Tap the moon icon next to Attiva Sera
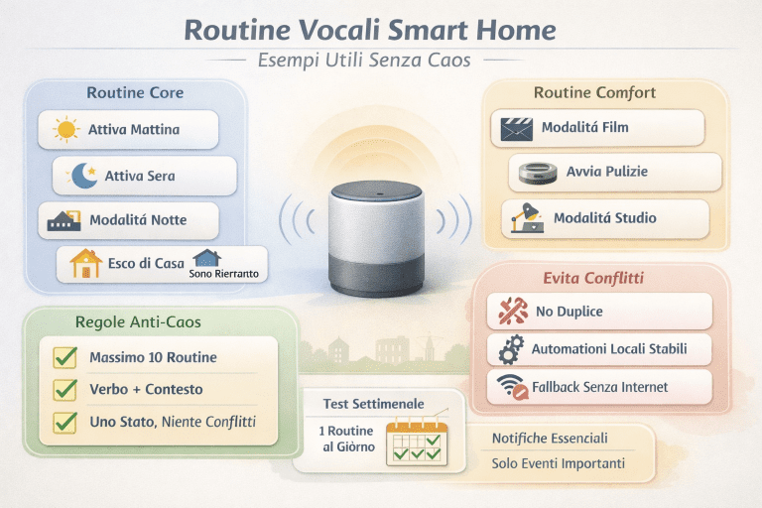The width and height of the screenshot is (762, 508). click(x=83, y=176)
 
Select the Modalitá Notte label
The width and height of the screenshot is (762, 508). click(x=138, y=219)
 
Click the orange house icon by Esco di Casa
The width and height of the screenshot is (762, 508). click(x=87, y=263)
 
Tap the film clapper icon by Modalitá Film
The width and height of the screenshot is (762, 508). click(x=517, y=128)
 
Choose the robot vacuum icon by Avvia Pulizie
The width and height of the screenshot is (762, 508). click(x=537, y=172)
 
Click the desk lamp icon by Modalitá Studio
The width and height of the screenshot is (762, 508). click(x=522, y=217)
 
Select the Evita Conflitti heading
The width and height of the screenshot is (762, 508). click(x=593, y=279)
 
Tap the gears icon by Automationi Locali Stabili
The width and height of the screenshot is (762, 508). click(x=510, y=349)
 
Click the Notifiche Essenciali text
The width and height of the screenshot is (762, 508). click(x=550, y=438)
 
